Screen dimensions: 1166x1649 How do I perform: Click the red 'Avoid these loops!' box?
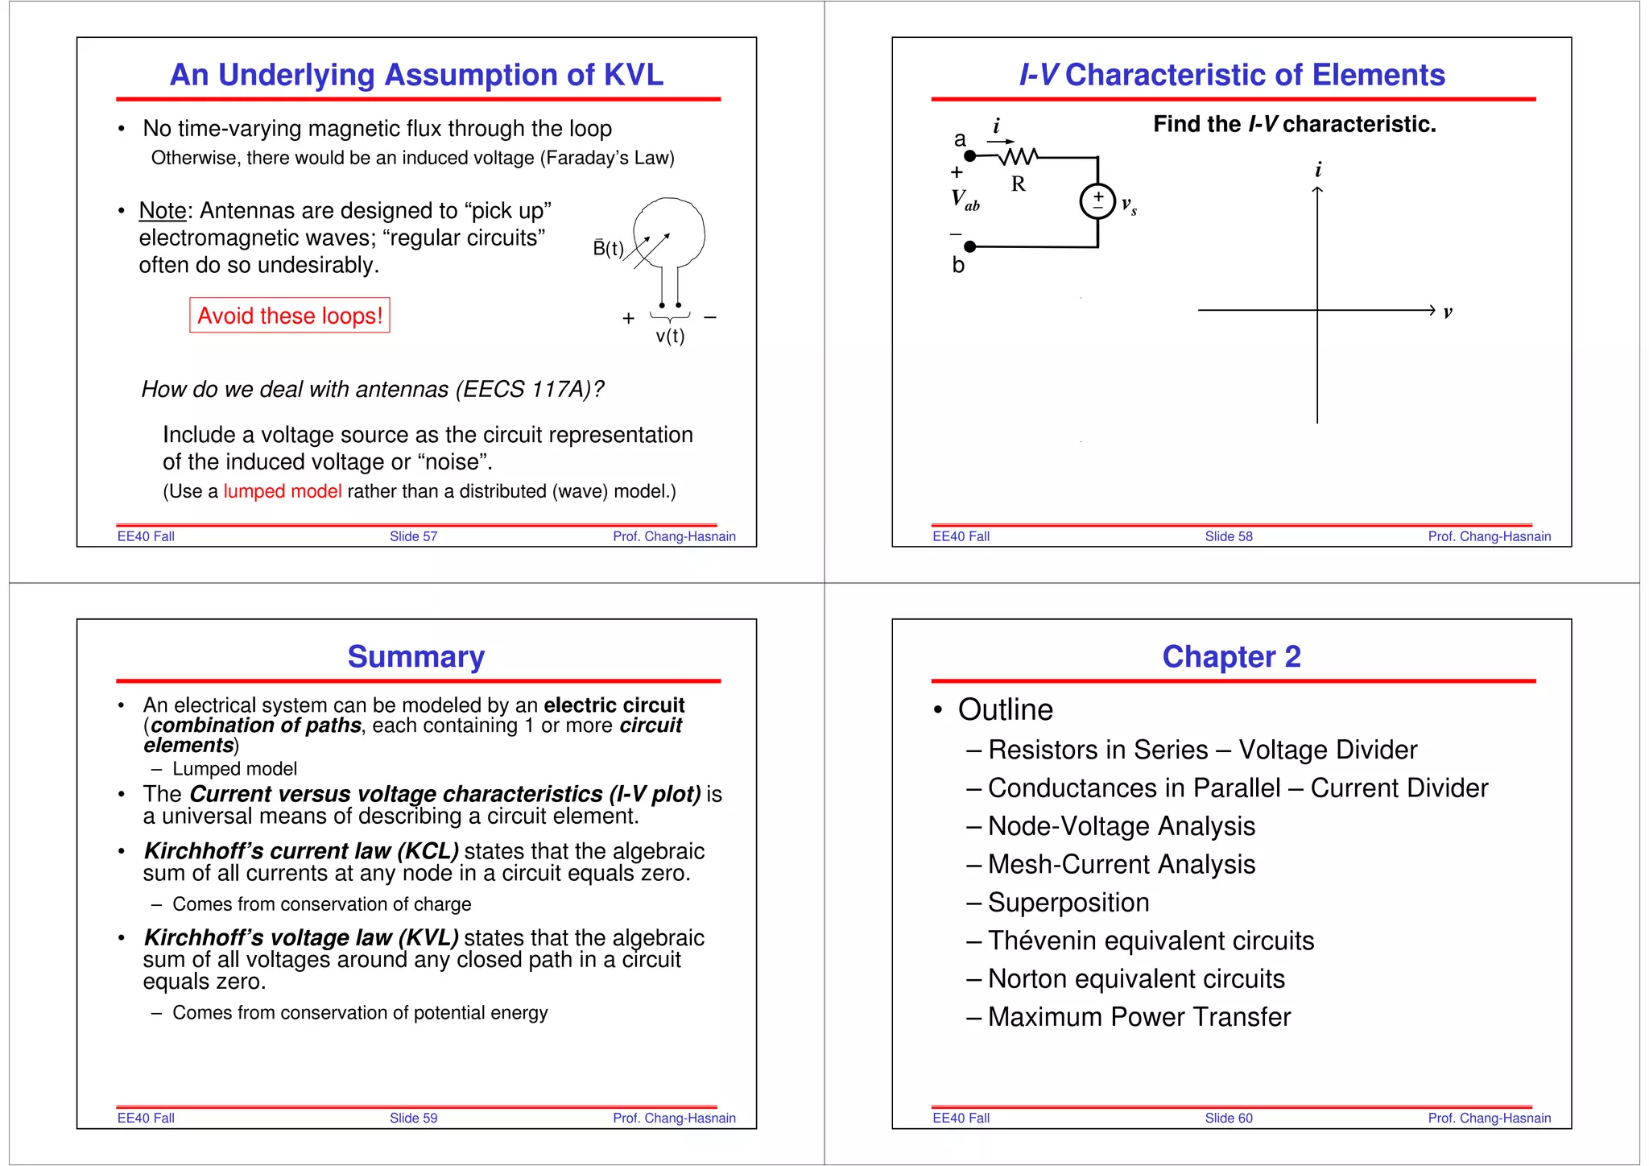click(290, 316)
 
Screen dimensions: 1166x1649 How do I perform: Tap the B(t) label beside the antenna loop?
click(608, 248)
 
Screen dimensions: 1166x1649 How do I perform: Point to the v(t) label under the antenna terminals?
click(670, 337)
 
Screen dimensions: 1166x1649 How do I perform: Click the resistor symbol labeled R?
click(1019, 155)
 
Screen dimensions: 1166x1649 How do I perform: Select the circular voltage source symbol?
click(1097, 201)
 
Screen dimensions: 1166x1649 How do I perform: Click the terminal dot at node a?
click(970, 155)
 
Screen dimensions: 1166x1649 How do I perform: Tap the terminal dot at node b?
click(970, 246)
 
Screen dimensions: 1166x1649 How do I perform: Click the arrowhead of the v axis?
click(1432, 310)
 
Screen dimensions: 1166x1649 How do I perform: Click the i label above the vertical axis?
click(1318, 170)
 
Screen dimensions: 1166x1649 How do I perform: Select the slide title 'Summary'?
click(416, 657)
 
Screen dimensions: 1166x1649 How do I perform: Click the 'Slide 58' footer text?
click(1229, 536)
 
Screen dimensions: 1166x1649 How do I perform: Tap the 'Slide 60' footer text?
click(1229, 1118)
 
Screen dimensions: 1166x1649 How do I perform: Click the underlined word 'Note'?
click(162, 211)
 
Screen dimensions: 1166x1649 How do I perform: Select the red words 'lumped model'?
click(283, 491)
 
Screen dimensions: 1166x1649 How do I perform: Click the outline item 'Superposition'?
click(1068, 903)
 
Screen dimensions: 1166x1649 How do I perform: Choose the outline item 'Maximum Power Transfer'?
click(1139, 1017)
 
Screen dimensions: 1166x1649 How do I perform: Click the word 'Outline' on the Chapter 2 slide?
click(1006, 709)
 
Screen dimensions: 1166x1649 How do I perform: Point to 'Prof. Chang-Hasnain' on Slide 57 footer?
click(674, 536)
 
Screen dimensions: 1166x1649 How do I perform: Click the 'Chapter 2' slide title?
click(1231, 657)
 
